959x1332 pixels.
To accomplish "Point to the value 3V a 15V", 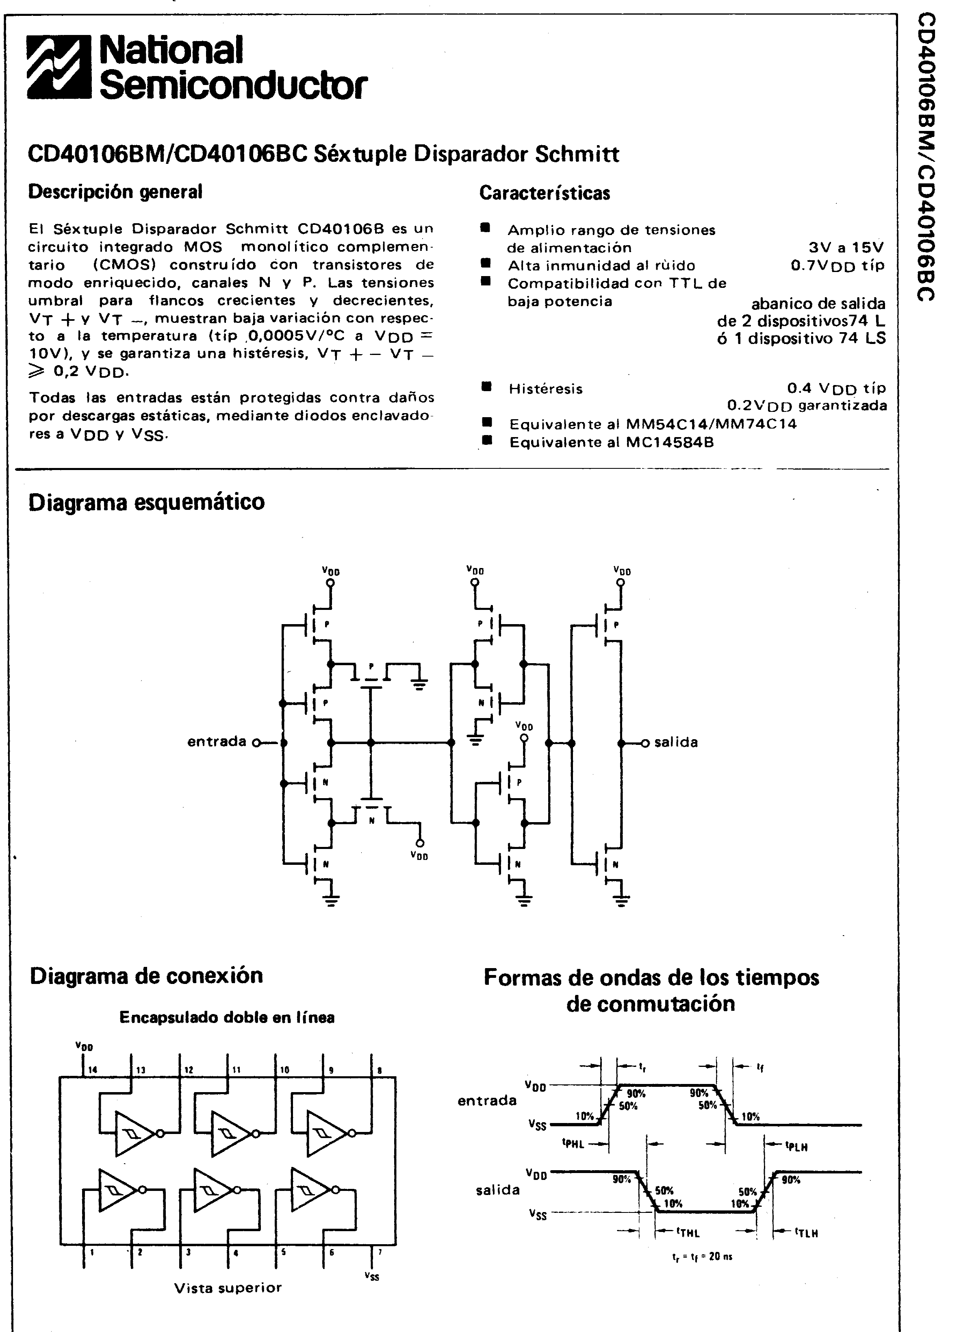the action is coord(846,248).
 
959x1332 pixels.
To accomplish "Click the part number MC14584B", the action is coord(670,442).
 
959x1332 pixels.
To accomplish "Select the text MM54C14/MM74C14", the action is coord(712,424).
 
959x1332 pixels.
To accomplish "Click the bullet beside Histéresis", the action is coord(486,386).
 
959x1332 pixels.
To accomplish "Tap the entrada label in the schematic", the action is coord(217,742).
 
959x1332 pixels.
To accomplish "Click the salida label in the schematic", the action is coord(676,742).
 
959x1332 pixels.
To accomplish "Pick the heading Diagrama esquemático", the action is coord(147,503).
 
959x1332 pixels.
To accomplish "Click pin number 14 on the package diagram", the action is coord(93,1070).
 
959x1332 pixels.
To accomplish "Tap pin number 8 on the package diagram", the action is coord(380,1070).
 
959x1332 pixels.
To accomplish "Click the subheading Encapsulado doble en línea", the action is coord(227,1018).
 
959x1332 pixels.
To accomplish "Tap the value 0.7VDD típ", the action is coord(837,266).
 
